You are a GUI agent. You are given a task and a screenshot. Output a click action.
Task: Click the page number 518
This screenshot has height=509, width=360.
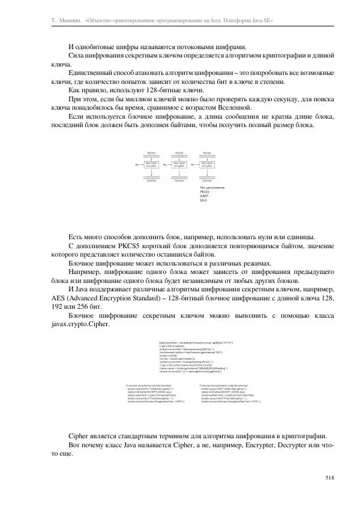pyautogui.click(x=329, y=477)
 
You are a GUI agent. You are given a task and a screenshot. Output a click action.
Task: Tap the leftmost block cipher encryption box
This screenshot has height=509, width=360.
pyautogui.click(x=154, y=163)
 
